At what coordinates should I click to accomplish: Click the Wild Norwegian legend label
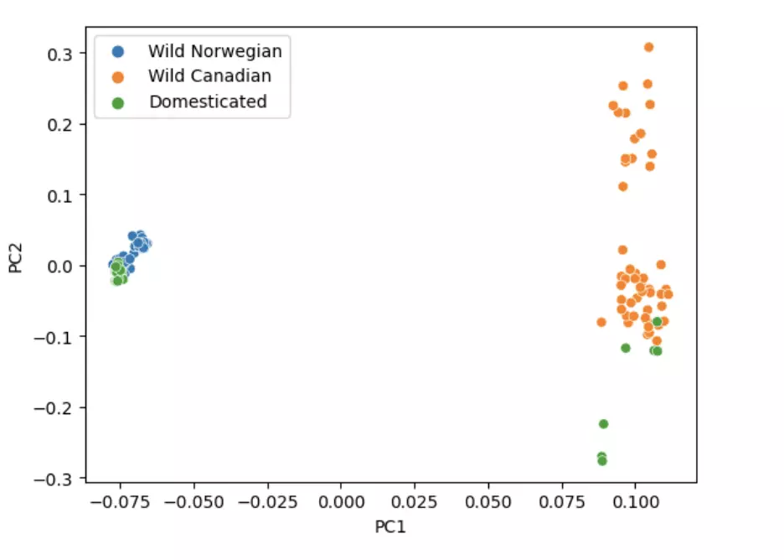[x=214, y=50]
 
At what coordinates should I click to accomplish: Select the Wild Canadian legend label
[x=209, y=76]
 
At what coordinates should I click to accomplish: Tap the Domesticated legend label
[x=208, y=102]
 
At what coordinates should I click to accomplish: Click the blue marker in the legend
[x=118, y=51]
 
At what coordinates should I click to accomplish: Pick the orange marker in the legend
[x=118, y=77]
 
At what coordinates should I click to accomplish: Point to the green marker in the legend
[x=118, y=103]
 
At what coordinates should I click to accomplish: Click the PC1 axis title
[x=392, y=527]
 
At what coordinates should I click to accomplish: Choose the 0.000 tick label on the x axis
[x=342, y=503]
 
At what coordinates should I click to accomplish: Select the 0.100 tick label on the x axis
[x=635, y=503]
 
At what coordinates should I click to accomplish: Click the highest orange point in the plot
[x=648, y=47]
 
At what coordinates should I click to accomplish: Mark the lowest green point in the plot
[x=601, y=461]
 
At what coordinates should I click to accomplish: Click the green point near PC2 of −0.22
[x=603, y=424]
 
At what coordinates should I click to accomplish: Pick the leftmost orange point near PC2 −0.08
[x=601, y=322]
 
